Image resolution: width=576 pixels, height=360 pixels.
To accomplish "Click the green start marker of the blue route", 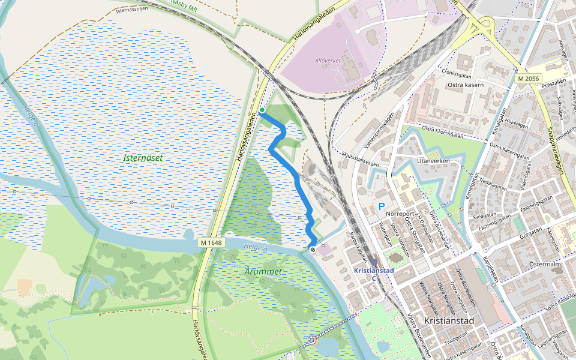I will (x=262, y=110).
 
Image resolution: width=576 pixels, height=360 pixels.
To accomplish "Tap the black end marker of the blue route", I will (x=312, y=248).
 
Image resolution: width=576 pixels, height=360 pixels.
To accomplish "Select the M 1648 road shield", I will (x=210, y=242).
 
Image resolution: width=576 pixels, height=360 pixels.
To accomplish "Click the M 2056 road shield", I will (x=529, y=79).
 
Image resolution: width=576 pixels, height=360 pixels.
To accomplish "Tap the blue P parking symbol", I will (x=381, y=206).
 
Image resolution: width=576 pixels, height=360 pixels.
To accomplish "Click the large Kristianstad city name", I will (x=449, y=321).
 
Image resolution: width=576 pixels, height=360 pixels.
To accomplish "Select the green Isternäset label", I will (x=143, y=158).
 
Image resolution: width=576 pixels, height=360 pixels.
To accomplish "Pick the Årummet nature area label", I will (x=263, y=272).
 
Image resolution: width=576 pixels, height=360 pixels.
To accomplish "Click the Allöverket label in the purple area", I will (x=328, y=61).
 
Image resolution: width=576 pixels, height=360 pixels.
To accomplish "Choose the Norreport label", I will (x=401, y=213).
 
